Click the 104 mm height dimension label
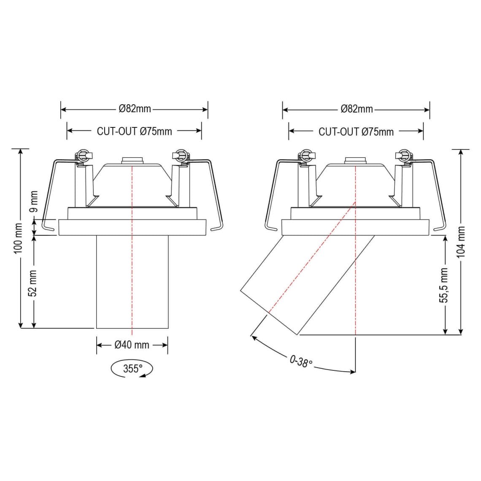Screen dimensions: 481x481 [461, 242]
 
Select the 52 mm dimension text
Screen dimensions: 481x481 [34, 283]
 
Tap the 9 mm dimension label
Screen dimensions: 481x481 [34, 202]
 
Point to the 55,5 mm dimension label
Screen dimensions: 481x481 [444, 285]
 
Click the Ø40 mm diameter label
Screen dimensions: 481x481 [132, 345]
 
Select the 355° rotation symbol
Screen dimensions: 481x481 [132, 369]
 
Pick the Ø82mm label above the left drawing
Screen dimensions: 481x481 [135, 109]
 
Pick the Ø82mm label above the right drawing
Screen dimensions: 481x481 [357, 109]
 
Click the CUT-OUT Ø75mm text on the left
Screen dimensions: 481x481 [134, 131]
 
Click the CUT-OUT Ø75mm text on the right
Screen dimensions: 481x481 [356, 132]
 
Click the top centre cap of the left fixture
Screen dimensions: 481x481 [132, 160]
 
